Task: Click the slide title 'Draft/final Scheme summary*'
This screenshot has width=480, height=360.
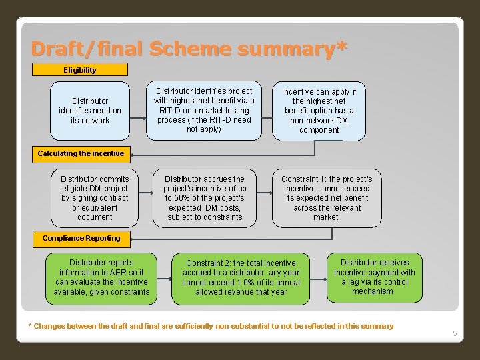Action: coord(189,49)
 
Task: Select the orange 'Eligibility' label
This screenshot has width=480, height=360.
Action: coord(80,69)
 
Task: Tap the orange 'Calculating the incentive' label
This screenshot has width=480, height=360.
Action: coord(81,153)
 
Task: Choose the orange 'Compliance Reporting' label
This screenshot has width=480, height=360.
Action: coord(81,238)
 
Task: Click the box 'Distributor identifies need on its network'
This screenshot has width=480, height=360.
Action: coord(90,111)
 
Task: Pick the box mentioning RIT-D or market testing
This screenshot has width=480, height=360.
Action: coord(204,110)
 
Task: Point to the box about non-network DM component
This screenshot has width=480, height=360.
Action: coord(319,111)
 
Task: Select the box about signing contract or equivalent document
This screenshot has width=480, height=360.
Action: coord(95,198)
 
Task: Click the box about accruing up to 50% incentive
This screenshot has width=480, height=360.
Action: coord(205,198)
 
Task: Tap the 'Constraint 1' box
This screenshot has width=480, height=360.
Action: coord(327,198)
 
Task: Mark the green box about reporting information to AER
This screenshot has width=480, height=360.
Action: coord(101,277)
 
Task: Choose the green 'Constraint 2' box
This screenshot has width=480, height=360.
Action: coord(241,277)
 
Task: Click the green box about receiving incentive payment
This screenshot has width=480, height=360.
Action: coord(374,277)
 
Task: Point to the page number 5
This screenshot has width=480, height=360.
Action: coord(455,333)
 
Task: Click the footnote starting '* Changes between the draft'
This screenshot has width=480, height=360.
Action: coord(211,326)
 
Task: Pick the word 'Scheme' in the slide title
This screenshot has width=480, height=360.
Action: coord(188,49)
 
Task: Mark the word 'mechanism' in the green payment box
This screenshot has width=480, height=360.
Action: coord(373,291)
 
